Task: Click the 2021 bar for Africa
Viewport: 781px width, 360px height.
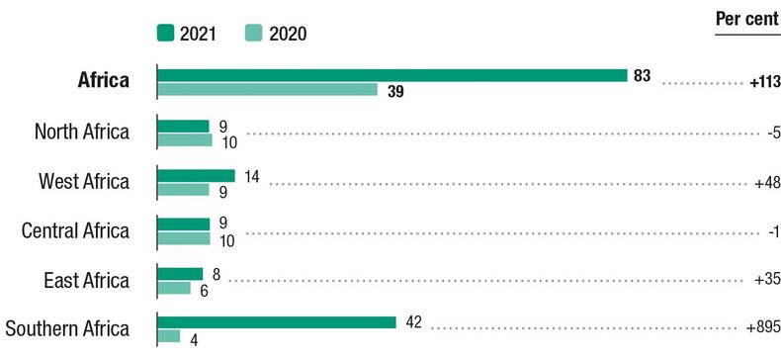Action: click(391, 75)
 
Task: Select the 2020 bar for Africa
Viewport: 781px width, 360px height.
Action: click(267, 90)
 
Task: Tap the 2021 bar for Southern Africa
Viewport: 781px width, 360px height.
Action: click(276, 322)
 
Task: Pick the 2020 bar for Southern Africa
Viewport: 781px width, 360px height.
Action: click(169, 336)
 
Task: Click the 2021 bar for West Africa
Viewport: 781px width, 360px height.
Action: click(196, 175)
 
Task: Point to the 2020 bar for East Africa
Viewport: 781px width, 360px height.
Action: click(174, 288)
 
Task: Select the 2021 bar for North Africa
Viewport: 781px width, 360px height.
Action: click(183, 126)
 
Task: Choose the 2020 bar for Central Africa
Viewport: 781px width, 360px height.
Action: click(184, 238)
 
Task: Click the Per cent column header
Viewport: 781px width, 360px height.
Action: click(746, 20)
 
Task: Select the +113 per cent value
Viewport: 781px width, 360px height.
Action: click(765, 83)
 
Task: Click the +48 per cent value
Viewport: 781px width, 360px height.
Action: click(766, 182)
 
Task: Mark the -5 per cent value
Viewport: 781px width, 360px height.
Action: click(773, 133)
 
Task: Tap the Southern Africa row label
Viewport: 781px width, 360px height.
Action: click(67, 329)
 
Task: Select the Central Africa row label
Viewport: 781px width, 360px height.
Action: click(75, 231)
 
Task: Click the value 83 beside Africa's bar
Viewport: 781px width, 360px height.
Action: click(643, 76)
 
